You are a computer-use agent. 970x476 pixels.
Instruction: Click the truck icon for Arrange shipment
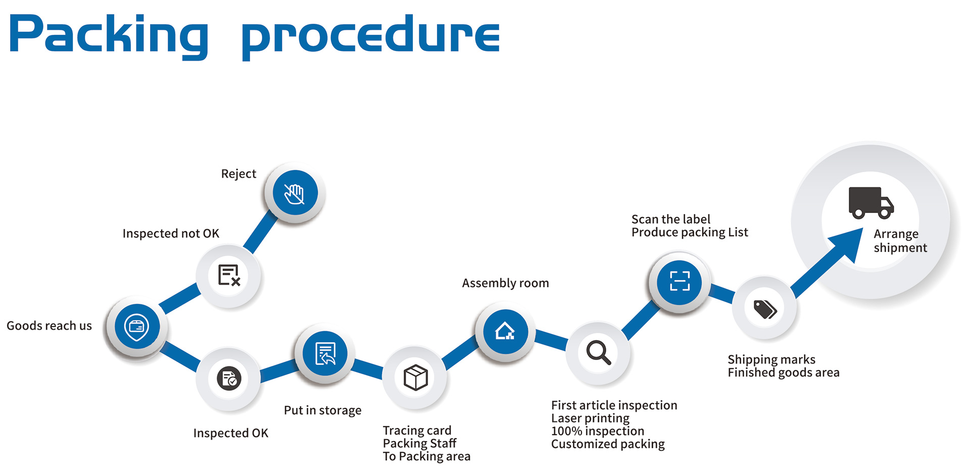870,203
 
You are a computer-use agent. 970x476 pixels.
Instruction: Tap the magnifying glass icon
598,352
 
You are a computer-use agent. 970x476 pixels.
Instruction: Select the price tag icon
765,308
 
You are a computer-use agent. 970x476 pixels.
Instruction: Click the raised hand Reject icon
295,193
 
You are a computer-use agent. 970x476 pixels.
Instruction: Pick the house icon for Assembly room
505,332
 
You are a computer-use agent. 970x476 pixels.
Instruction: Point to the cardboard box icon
415,377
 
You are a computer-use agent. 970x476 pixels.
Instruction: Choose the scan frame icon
680,281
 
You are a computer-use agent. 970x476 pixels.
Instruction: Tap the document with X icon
229,276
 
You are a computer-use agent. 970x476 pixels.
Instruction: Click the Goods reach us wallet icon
136,327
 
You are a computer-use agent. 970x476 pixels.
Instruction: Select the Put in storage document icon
325,353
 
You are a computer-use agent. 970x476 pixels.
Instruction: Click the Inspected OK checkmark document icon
229,378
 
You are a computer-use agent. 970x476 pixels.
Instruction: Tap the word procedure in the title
370,36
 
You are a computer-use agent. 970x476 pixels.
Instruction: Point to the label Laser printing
590,418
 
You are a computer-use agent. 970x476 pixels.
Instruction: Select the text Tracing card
417,431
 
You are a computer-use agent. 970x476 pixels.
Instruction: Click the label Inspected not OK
171,234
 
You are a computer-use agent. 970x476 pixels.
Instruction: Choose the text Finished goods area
783,373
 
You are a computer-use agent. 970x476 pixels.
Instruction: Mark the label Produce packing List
690,232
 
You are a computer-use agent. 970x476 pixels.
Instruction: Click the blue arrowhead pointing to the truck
848,243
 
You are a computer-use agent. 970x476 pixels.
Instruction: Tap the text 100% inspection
597,431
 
